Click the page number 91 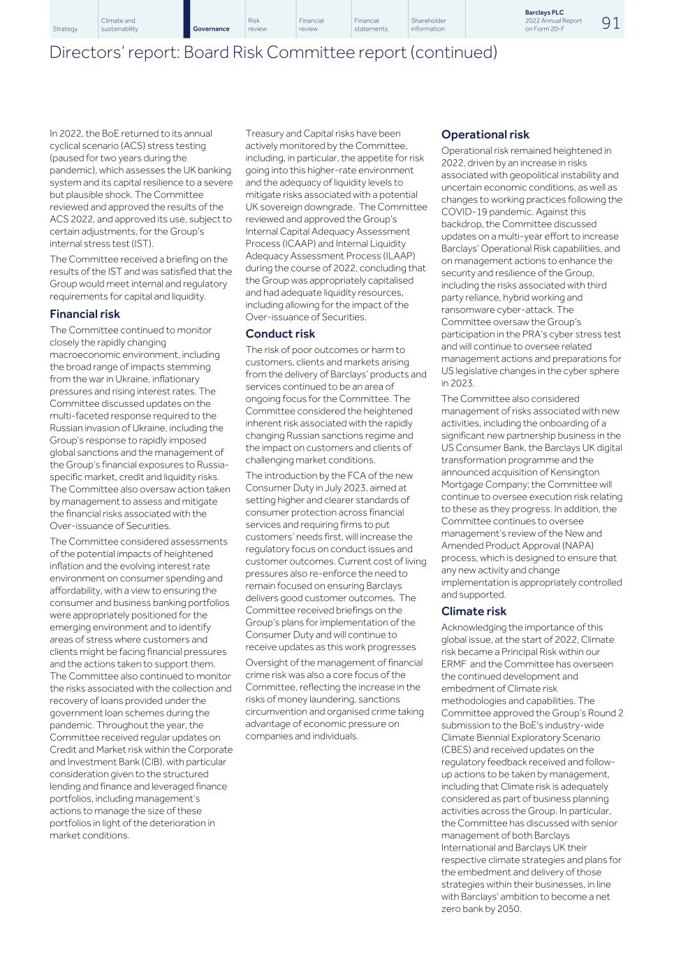tap(610, 23)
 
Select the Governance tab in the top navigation tap(211, 29)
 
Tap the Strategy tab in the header tap(65, 29)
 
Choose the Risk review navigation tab tap(257, 25)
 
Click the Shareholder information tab tap(428, 25)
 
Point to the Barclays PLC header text tap(544, 13)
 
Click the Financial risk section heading tap(85, 315)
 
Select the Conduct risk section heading tap(280, 334)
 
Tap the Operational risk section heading tap(485, 135)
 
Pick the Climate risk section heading tap(474, 612)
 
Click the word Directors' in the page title tap(82, 52)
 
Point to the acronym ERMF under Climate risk tap(455, 664)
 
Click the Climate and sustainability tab tap(119, 25)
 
